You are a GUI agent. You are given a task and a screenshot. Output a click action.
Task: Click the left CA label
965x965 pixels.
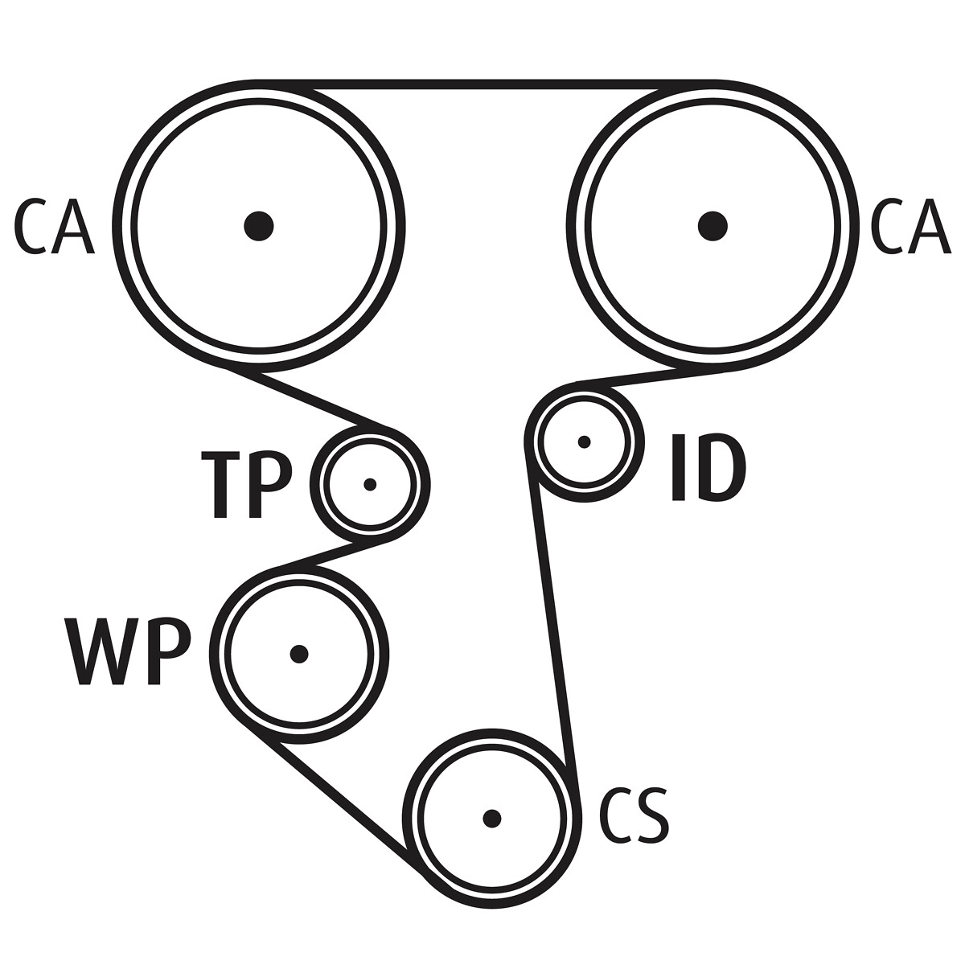(x=54, y=226)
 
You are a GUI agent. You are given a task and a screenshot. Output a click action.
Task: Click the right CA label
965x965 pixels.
(x=910, y=226)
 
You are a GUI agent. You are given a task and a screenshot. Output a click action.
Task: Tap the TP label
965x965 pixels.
(x=246, y=484)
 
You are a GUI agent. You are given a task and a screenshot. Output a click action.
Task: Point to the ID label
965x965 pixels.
(x=708, y=467)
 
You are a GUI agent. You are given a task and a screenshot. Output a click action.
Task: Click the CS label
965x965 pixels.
(x=634, y=818)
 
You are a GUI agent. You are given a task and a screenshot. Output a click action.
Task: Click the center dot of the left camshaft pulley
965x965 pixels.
(x=258, y=226)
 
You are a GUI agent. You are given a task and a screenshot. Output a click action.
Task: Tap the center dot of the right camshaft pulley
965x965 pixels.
(x=712, y=226)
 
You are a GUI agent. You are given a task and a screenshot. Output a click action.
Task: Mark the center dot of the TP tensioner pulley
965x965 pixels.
(x=370, y=484)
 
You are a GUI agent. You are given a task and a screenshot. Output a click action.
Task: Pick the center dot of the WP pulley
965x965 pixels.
(x=299, y=654)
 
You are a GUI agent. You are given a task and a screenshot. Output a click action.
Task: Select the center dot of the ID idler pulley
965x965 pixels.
(x=584, y=441)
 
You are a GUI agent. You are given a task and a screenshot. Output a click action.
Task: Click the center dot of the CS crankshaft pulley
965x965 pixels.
(x=492, y=819)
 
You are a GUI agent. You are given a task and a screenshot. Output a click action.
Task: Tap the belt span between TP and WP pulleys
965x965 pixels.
(x=333, y=555)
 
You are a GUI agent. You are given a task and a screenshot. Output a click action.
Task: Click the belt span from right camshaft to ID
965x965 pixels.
(x=651, y=380)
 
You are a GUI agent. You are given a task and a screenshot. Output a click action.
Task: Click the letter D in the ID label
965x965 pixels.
(x=720, y=467)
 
